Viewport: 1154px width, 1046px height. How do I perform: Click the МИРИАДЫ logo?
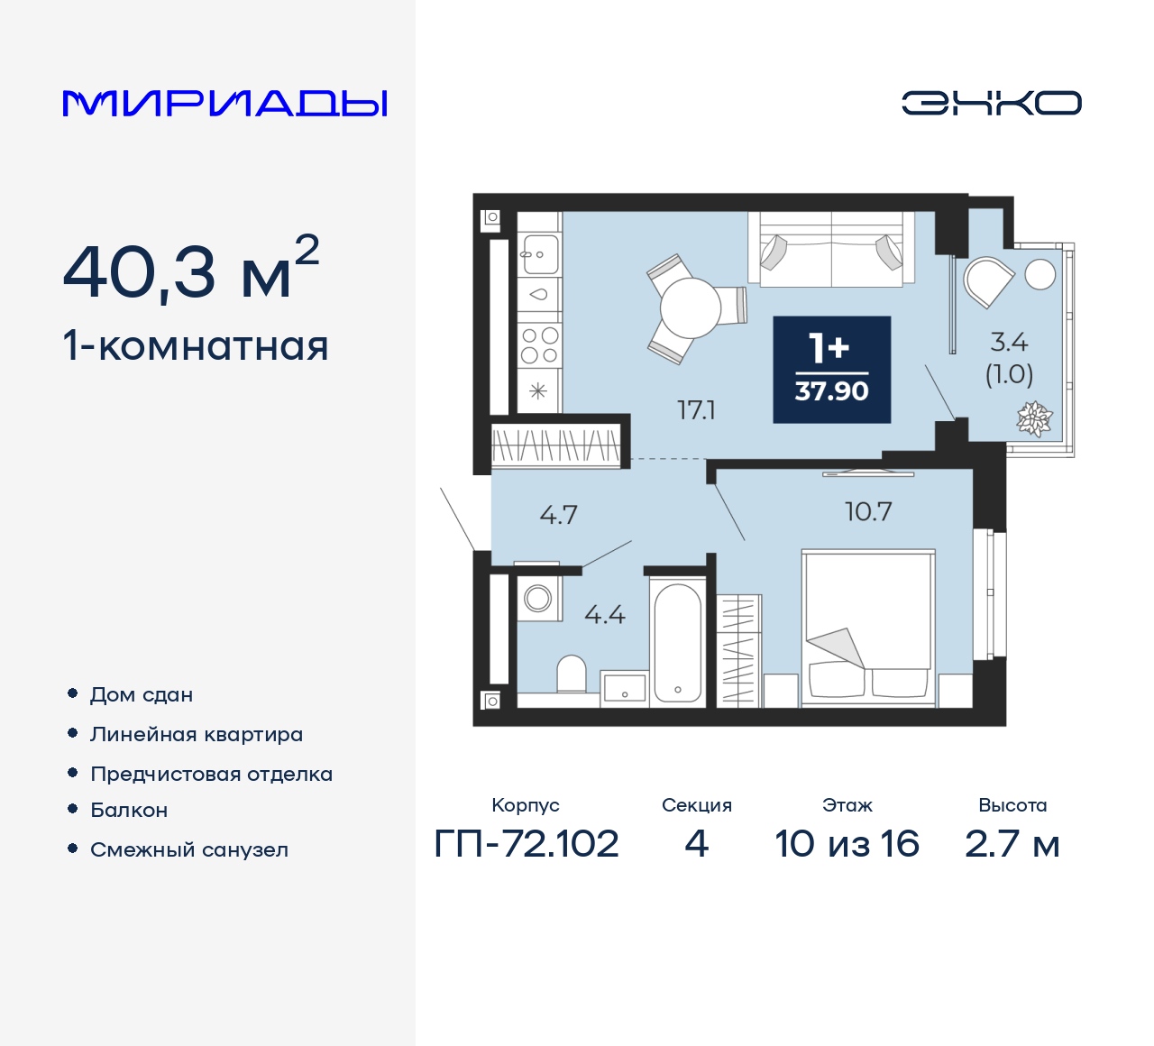point(224,103)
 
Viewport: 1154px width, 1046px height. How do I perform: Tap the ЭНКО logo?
point(991,103)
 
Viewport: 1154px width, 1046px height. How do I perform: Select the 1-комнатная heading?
point(196,346)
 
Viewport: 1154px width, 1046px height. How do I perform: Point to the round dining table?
point(691,308)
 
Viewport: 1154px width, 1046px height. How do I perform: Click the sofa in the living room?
point(831,250)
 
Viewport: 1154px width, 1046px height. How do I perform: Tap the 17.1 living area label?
point(696,410)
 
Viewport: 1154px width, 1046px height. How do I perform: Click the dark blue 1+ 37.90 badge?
point(831,370)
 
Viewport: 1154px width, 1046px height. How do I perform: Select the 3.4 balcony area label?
point(1009,343)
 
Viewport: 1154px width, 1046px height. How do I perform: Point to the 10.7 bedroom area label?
point(867,512)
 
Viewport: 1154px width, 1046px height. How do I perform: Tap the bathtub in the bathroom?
point(678,642)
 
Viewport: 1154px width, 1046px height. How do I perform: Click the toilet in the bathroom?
point(572,674)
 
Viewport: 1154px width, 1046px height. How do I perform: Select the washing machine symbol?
point(538,598)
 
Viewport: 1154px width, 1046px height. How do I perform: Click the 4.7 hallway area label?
point(558,515)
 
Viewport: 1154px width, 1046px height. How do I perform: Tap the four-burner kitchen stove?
point(539,345)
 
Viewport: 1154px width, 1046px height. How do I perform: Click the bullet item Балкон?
point(129,811)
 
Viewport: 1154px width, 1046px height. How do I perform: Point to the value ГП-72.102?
point(527,844)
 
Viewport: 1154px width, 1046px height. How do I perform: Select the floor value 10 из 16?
point(847,844)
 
